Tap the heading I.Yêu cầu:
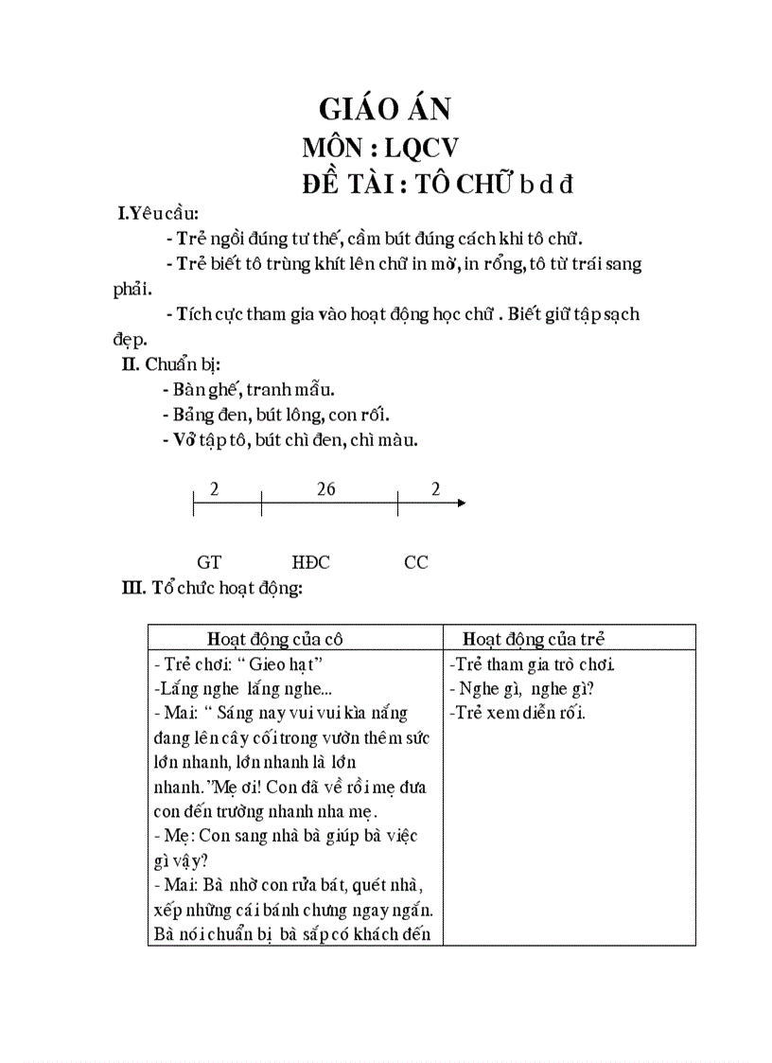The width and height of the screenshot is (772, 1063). tap(159, 214)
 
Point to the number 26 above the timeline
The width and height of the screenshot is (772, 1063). tap(326, 489)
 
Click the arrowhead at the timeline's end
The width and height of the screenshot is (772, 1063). tap(461, 503)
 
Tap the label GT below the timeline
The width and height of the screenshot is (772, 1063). tap(209, 562)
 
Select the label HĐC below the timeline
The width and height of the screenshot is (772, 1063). tap(311, 562)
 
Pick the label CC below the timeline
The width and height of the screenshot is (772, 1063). tap(416, 562)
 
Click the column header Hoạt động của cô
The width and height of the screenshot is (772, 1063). tap(294, 639)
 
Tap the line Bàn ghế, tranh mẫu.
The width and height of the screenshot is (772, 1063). tap(250, 390)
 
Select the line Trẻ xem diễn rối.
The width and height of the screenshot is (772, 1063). tap(518, 713)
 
